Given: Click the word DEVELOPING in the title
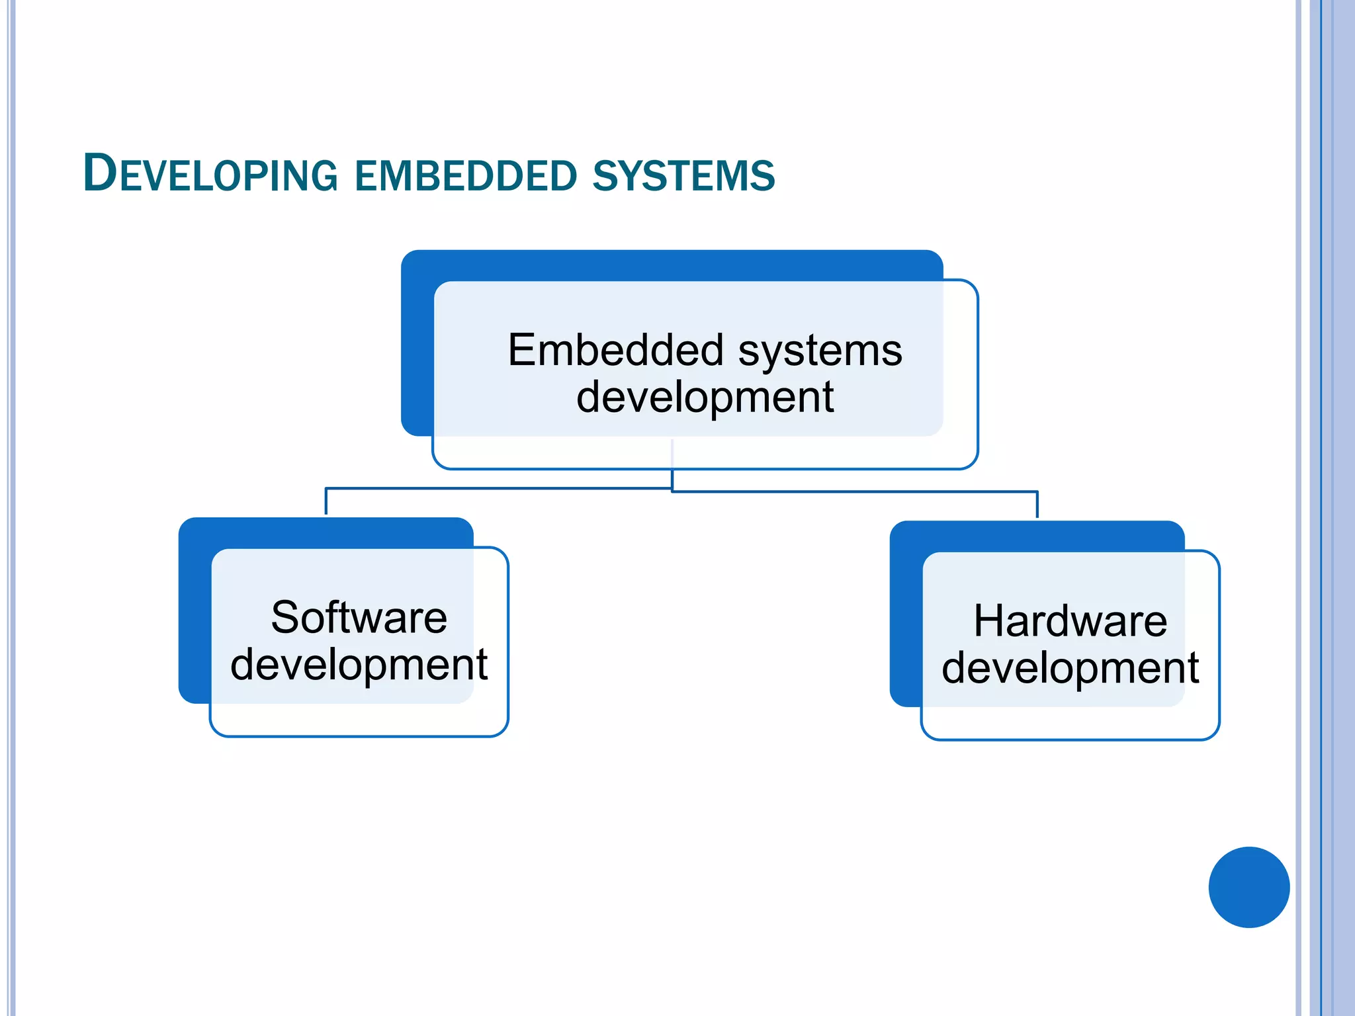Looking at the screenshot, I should [210, 175].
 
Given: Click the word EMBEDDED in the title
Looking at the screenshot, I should [466, 176].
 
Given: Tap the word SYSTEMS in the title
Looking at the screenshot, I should [683, 176].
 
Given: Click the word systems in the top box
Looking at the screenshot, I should [820, 351].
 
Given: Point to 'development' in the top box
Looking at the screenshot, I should [705, 397].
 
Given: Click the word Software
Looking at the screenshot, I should [359, 618].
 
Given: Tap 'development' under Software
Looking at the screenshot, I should [359, 665].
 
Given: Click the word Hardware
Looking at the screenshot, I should [1070, 621].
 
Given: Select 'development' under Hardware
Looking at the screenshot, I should [1070, 668].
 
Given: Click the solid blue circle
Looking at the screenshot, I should [1248, 887].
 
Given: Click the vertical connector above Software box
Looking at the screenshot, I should [326, 502].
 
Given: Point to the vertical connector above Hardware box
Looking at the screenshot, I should [1037, 505].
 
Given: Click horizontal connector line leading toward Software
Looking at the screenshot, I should [496, 489].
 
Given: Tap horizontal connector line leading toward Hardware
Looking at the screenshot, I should [853, 491].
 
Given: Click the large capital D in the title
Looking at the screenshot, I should [100, 173].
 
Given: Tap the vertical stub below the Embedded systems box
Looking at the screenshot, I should [672, 479].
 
